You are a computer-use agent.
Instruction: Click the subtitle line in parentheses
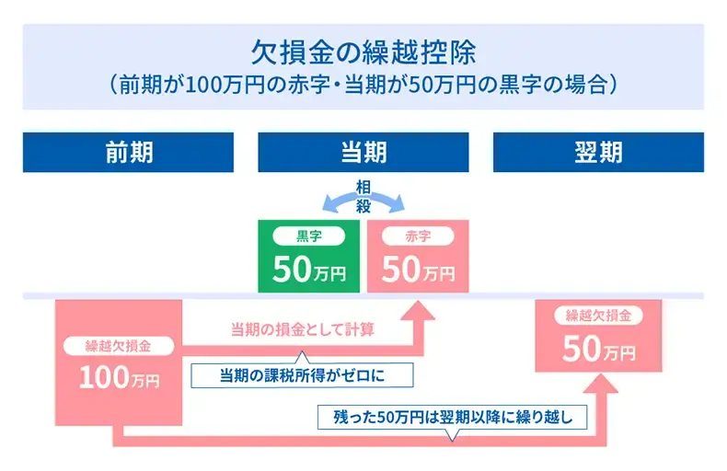363,85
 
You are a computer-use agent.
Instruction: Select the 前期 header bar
128,152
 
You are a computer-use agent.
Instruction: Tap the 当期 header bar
363,152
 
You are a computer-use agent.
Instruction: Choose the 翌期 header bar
598,152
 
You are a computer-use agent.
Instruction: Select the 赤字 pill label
418,236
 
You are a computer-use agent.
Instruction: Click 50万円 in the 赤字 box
418,269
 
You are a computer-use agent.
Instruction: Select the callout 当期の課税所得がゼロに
302,374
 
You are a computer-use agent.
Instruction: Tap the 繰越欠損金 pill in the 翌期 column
598,316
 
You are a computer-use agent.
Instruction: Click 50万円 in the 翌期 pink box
598,349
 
